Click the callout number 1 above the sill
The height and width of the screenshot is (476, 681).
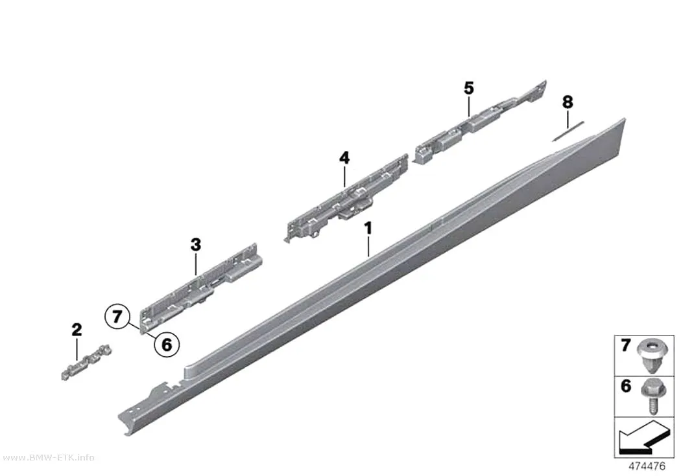tap(368, 229)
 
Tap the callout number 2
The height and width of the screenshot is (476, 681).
tap(77, 330)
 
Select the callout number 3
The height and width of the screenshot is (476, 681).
tap(196, 245)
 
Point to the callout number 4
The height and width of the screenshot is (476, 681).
tap(344, 158)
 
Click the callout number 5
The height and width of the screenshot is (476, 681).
tap(469, 89)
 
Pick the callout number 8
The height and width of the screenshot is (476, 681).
tap(567, 102)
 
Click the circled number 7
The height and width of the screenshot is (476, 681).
tap(117, 317)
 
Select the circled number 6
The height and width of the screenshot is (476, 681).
tap(167, 345)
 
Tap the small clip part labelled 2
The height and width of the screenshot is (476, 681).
tap(86, 363)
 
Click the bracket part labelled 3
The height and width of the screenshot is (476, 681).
tap(200, 286)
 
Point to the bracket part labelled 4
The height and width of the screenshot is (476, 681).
tap(348, 198)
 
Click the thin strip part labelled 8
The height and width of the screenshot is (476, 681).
tap(568, 131)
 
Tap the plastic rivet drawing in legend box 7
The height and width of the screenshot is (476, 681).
tap(649, 356)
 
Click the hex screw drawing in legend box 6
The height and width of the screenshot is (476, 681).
tap(650, 396)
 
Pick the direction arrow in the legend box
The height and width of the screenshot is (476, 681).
tap(643, 438)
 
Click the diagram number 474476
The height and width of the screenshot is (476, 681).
tap(647, 466)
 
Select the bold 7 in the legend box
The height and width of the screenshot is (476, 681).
tap(625, 346)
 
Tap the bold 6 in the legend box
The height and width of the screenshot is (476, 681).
tap(625, 386)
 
